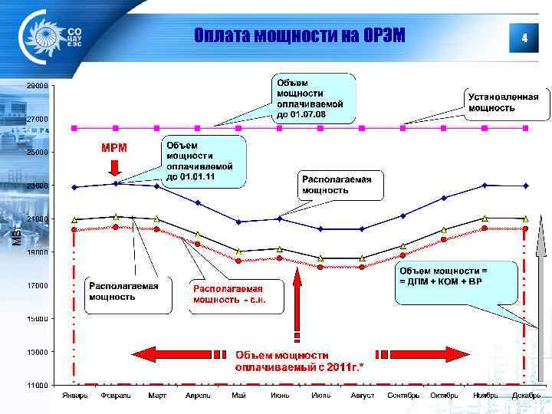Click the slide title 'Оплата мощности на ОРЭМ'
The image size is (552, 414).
point(299,36)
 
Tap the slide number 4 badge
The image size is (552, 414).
point(524,37)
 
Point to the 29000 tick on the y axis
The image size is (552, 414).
point(38,86)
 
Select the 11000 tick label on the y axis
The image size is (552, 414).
point(38,385)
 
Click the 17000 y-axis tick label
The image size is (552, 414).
point(38,286)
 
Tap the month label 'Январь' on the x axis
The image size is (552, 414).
point(74,396)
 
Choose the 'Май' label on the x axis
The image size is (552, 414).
point(238,396)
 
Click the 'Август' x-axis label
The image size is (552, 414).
point(362,396)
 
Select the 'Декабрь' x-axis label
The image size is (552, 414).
point(525,396)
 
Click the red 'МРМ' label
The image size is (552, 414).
point(115,147)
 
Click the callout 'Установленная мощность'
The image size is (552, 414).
point(504,102)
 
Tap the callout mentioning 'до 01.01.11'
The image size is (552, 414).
point(203,161)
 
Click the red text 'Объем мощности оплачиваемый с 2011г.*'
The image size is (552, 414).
point(299,361)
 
